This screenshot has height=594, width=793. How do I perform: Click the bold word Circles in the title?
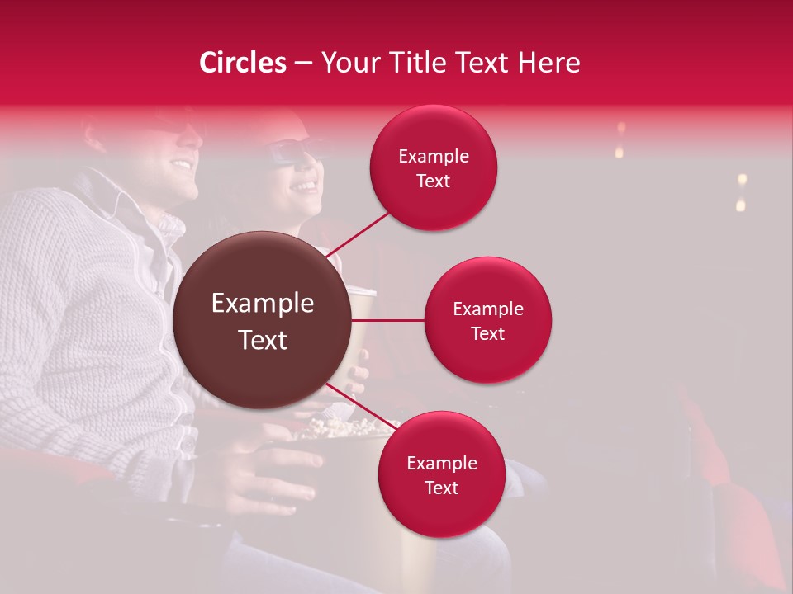(x=242, y=63)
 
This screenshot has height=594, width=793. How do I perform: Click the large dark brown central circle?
(x=263, y=320)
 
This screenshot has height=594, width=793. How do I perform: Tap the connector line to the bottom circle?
(x=355, y=404)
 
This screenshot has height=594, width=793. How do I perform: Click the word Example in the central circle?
(x=263, y=304)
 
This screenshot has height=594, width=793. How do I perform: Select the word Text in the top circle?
(x=434, y=181)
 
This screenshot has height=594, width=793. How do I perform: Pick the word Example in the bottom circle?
(x=442, y=463)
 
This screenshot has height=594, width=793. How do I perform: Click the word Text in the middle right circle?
(x=488, y=333)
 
